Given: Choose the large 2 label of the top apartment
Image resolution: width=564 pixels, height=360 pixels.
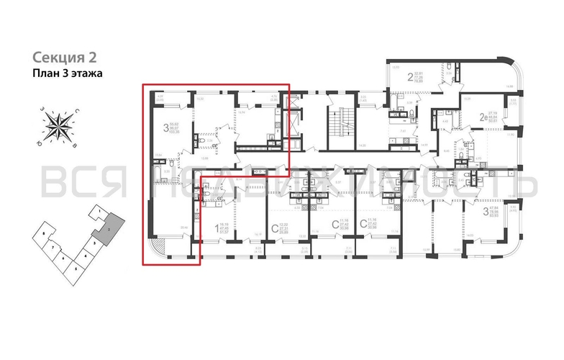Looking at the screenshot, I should coord(411,78).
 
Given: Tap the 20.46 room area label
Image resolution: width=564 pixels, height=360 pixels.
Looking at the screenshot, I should coord(183,228).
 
